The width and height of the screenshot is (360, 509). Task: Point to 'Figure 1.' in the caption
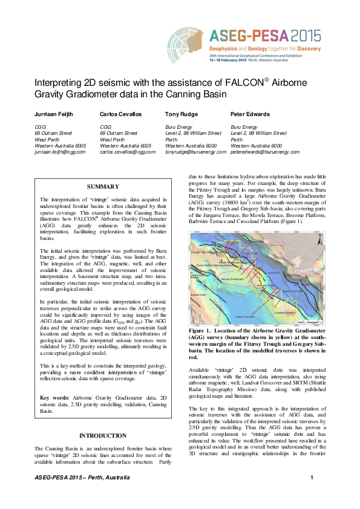[x=201, y=331]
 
